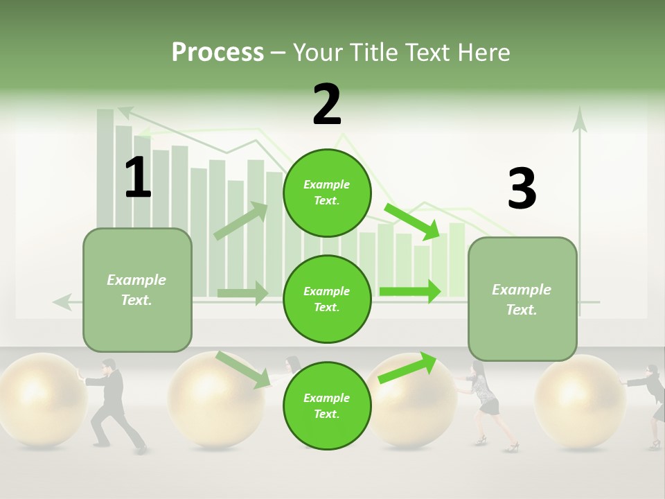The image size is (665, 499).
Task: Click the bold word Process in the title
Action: tap(218, 52)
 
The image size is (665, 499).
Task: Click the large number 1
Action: tap(138, 178)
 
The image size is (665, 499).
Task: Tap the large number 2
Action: tap(327, 105)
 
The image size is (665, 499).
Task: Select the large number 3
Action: tap(522, 189)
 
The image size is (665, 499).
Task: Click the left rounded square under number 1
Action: tap(137, 290)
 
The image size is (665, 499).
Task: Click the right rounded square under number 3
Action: tap(522, 299)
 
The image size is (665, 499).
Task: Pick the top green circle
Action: tap(327, 193)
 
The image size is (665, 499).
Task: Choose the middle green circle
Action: tap(327, 299)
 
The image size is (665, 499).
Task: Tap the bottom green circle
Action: tap(327, 405)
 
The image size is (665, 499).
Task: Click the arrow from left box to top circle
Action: tap(241, 221)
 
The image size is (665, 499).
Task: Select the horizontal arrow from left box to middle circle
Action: tap(242, 293)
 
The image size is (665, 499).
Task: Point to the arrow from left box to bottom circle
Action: tap(242, 369)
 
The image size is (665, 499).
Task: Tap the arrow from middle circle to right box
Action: tap(410, 291)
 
